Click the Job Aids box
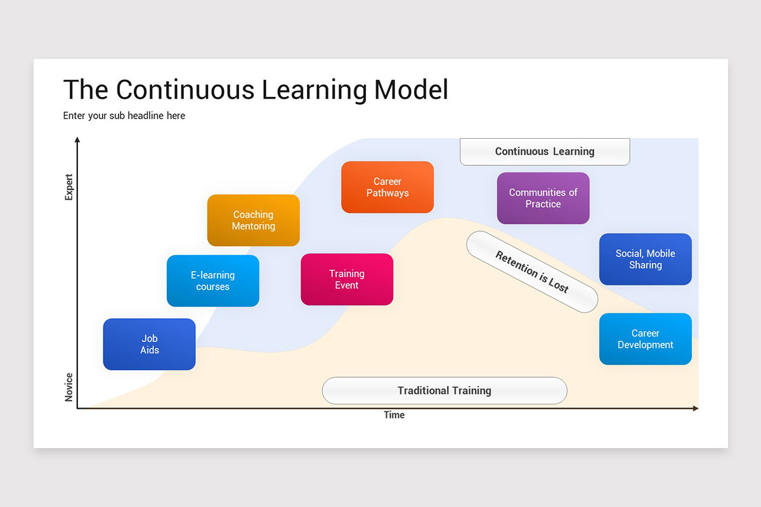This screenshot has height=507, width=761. click(149, 344)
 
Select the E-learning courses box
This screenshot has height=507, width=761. click(212, 281)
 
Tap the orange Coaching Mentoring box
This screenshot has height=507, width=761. click(253, 220)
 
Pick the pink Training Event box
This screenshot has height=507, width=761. click(346, 279)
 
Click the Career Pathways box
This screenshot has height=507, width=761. click(387, 187)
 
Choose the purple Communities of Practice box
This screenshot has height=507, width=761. click(543, 198)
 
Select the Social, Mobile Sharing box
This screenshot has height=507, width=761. click(645, 259)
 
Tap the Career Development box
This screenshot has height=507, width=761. click(645, 339)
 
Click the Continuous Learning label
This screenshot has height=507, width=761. click(544, 151)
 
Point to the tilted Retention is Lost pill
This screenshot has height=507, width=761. click(531, 272)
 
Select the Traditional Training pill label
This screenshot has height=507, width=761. click(444, 390)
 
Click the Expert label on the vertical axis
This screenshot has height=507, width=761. click(69, 187)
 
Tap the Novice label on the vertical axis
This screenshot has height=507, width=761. click(69, 387)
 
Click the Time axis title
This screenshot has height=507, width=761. click(394, 415)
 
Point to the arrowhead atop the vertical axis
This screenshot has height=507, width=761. click(77, 139)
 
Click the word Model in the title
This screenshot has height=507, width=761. click(411, 90)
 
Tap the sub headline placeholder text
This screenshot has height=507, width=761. click(124, 115)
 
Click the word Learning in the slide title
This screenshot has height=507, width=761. click(314, 90)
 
